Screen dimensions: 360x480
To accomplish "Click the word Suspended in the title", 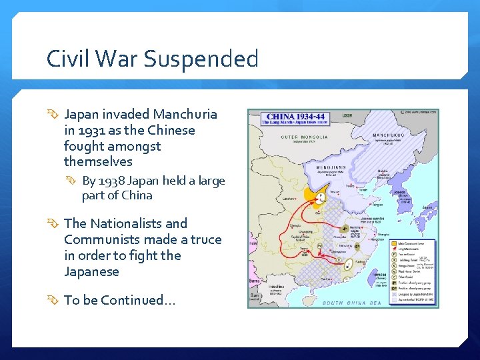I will coord(201,59).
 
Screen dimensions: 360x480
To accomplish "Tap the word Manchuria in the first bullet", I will coord(185,114).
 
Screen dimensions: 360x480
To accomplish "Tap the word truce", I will coord(206,239).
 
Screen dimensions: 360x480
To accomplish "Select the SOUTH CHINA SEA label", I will coord(351,303).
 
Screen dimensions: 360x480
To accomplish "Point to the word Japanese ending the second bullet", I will coord(91,271).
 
